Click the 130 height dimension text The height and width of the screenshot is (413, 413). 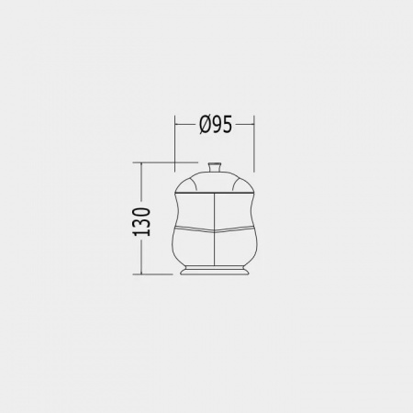point(142,219)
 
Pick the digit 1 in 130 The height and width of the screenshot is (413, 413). point(142,233)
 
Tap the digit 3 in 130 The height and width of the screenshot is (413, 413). point(142,221)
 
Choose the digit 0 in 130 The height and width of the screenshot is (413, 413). point(142,208)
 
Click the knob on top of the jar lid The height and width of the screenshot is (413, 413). point(214,168)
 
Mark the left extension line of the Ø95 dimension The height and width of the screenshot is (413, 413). point(174,147)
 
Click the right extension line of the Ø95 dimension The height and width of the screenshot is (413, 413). point(254,147)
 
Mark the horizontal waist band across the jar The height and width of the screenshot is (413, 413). point(214,226)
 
